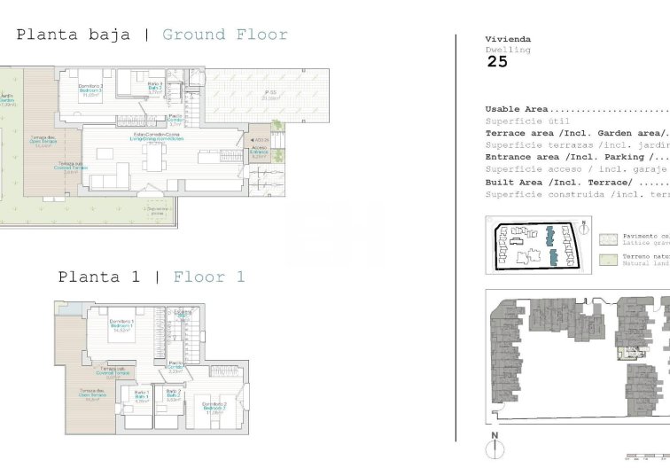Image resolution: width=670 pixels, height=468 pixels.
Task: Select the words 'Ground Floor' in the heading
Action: click(x=225, y=35)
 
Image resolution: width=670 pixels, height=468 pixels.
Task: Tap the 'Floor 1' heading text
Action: click(x=209, y=277)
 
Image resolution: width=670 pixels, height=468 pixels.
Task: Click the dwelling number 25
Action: click(x=497, y=62)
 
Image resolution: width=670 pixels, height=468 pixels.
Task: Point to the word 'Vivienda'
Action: click(x=508, y=39)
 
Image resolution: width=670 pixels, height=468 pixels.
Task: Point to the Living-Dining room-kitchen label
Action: click(x=158, y=138)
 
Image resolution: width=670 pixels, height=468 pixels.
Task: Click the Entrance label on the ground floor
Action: click(x=259, y=152)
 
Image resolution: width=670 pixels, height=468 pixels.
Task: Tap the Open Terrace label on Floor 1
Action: click(x=91, y=394)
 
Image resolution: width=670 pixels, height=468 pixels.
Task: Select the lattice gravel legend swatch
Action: click(x=607, y=238)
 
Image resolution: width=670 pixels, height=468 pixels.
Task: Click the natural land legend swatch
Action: click(x=607, y=260)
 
